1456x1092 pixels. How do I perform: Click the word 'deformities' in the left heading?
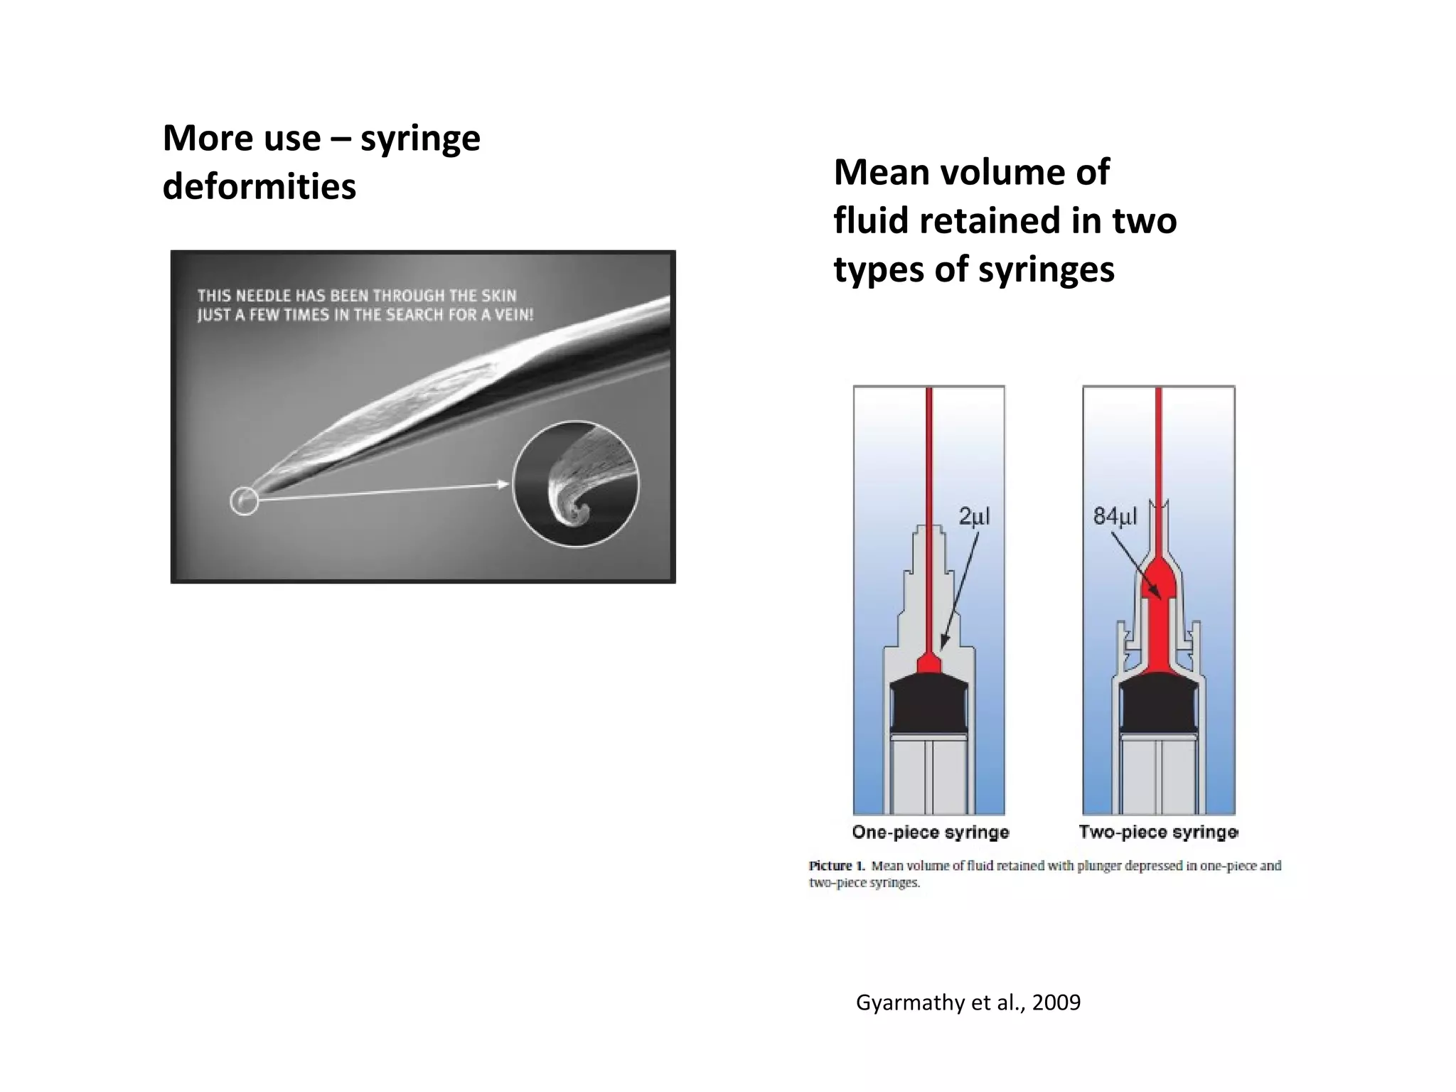[x=259, y=187]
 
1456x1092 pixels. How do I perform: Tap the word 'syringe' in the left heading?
[x=420, y=139]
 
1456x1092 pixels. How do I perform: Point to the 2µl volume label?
[x=974, y=516]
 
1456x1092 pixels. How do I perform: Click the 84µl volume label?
[x=1115, y=516]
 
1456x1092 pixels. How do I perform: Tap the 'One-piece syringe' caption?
[x=930, y=832]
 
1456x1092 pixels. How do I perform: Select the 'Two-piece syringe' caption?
[x=1158, y=832]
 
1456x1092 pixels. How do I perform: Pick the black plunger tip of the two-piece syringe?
[x=1158, y=707]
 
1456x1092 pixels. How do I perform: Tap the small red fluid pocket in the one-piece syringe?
[x=928, y=664]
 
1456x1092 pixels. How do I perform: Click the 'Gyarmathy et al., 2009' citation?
[x=968, y=1002]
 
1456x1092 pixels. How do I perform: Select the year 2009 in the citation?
[x=1056, y=1002]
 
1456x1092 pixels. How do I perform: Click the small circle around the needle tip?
[x=244, y=500]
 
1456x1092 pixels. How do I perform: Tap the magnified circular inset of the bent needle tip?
[x=576, y=484]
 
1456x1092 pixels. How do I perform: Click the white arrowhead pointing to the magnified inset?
[x=503, y=485]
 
